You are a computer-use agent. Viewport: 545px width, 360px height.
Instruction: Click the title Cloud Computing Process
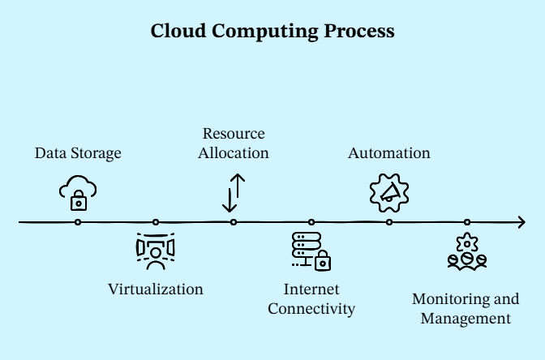pos(272,32)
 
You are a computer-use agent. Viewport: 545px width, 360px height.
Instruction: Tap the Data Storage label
pos(78,153)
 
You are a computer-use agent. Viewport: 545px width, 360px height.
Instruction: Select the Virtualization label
pos(156,289)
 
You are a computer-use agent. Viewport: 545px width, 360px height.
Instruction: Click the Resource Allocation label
pos(234,143)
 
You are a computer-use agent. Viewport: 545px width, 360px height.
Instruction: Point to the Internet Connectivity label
pos(311,298)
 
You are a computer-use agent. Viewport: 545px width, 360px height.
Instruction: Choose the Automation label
pos(389,153)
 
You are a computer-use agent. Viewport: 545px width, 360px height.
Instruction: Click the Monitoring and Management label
pos(466,308)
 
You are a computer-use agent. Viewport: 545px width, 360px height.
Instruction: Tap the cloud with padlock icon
pos(78,194)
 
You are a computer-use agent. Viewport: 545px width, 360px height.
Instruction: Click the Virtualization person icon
pos(155,251)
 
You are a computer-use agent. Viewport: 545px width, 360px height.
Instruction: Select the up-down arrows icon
pos(234,193)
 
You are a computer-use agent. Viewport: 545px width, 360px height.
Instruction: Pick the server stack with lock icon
pos(311,251)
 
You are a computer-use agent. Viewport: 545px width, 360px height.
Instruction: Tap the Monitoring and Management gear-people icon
pos(467,251)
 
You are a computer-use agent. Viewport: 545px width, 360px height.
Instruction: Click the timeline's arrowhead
pos(521,221)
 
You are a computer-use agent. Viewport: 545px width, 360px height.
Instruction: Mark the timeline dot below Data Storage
pos(78,221)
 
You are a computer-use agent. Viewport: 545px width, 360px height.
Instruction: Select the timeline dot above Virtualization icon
pos(156,221)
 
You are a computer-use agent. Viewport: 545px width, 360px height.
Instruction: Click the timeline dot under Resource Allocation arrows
pos(234,221)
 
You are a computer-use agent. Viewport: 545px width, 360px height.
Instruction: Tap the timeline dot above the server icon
pos(311,221)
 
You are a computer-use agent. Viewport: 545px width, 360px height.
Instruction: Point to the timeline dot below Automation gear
pos(389,221)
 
